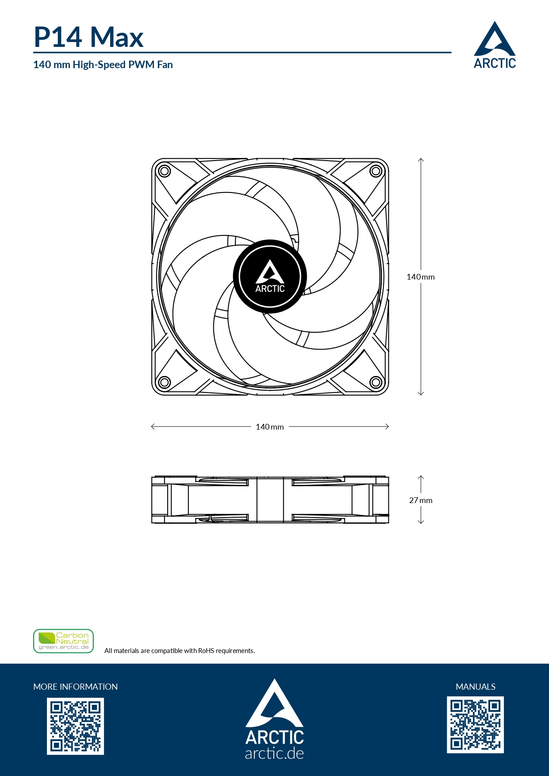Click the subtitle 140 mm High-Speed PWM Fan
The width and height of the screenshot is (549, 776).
[x=103, y=65]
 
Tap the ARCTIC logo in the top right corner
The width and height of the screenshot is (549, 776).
[x=495, y=46]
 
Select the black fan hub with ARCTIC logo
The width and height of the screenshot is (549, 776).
[x=270, y=277]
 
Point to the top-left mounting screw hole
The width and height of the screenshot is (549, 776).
[x=164, y=171]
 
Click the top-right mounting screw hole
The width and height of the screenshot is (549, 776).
[x=376, y=171]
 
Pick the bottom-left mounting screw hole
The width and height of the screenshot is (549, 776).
[x=164, y=382]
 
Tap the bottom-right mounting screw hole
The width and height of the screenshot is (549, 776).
[x=376, y=382]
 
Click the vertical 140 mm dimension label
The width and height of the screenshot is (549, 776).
[x=420, y=277]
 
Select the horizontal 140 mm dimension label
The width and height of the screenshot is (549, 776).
[x=270, y=427]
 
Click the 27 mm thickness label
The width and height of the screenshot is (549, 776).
[x=421, y=500]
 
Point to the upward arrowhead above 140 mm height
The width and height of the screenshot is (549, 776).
[x=421, y=160]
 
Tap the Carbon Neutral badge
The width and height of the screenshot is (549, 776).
[x=64, y=641]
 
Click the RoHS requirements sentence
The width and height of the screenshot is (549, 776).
[x=180, y=651]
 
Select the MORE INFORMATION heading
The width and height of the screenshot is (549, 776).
[x=76, y=687]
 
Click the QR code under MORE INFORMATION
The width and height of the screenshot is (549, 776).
[x=76, y=726]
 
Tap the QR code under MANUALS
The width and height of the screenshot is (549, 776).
[x=476, y=725]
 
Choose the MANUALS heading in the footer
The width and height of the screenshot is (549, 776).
[x=476, y=687]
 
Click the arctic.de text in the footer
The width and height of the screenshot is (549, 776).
[x=274, y=753]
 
